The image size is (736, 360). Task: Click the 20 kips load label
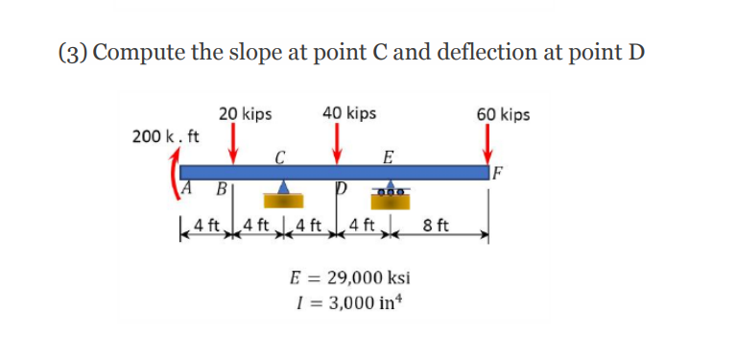[245, 114]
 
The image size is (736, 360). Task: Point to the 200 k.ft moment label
[166, 135]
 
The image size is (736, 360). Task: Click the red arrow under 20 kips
[233, 145]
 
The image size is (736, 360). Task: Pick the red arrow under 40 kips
[337, 145]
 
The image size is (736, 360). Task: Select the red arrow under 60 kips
[488, 145]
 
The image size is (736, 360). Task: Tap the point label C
[279, 156]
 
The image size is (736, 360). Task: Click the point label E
[387, 156]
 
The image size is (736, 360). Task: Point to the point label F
[497, 174]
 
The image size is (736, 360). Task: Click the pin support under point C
[283, 194]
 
